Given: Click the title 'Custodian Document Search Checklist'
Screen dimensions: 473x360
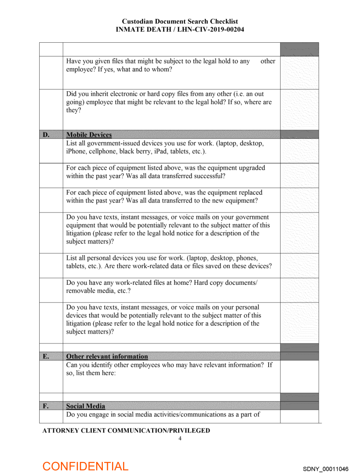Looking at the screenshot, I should tap(180, 22).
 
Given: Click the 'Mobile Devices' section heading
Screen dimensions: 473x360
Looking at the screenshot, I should tap(89, 134).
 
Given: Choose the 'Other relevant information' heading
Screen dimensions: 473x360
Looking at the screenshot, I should tap(107, 356).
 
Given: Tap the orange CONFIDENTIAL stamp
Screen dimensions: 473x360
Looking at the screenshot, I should tap(85, 466).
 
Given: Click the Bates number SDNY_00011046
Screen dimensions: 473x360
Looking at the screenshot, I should tap(326, 469).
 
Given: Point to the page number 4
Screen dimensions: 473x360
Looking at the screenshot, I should tap(180, 438).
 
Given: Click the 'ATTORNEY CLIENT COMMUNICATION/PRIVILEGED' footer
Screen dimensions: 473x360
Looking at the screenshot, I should tap(126, 430).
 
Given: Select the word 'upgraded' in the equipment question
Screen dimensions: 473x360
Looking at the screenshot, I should tap(251, 168).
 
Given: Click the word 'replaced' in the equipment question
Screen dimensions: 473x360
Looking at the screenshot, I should tap(250, 193).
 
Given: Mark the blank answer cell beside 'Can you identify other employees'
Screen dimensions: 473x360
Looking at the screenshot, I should tap(299, 376).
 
